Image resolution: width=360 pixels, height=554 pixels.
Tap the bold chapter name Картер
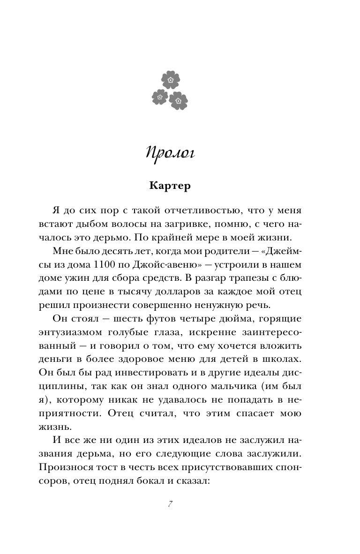pos(170,186)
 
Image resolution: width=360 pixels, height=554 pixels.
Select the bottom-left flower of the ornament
pos(160,97)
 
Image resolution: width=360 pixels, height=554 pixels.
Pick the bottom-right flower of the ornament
pos(178,100)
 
